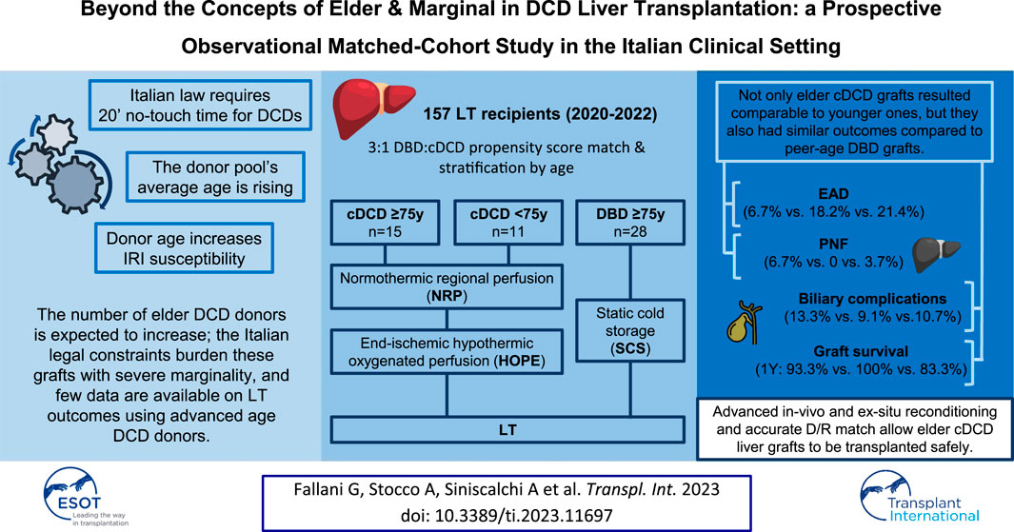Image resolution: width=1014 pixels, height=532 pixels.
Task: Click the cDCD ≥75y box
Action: click(x=385, y=223)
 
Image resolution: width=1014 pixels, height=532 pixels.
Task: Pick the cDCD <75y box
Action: click(x=507, y=223)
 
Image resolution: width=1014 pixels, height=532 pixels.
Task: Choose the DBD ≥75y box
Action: click(x=630, y=223)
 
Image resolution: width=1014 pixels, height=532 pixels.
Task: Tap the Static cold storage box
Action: click(x=630, y=330)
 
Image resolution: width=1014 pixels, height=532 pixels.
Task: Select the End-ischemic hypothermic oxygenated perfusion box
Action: click(x=447, y=352)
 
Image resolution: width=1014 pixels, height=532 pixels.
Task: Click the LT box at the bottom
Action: click(x=507, y=430)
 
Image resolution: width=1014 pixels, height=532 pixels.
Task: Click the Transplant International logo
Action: click(x=920, y=497)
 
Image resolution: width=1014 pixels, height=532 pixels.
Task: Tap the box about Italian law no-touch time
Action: click(x=201, y=106)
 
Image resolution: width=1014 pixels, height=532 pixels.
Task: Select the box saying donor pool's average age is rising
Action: click(x=215, y=177)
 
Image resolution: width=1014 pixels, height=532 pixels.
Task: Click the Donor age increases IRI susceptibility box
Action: click(x=185, y=248)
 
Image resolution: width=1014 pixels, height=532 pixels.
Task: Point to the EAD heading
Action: click(x=834, y=194)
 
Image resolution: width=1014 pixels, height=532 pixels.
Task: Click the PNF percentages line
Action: click(x=833, y=262)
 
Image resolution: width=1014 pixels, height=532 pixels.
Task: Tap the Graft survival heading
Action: click(x=861, y=351)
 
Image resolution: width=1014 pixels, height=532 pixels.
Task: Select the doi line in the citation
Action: click(x=507, y=516)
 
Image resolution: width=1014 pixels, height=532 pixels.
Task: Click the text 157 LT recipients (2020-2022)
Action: click(x=540, y=114)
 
